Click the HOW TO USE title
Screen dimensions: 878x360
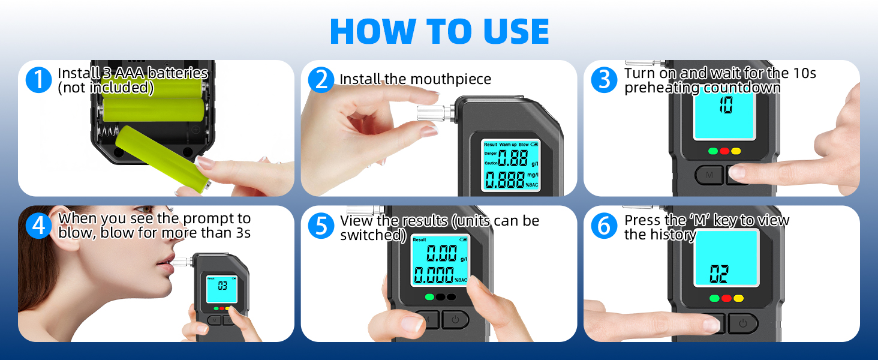(x=440, y=31)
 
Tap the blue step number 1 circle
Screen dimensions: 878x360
(x=38, y=80)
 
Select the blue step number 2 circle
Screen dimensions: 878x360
(x=321, y=80)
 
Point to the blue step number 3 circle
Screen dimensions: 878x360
(x=604, y=80)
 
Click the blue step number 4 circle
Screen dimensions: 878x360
(x=38, y=226)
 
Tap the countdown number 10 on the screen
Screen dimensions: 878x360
(x=726, y=105)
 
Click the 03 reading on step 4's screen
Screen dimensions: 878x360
(x=222, y=286)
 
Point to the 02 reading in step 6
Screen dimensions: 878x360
(x=719, y=274)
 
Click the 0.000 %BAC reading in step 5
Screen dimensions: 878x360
(x=440, y=275)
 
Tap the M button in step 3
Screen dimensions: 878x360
(x=709, y=175)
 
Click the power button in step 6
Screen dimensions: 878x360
(x=743, y=323)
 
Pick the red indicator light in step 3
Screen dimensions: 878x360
(x=724, y=151)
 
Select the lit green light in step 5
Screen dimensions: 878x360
(x=429, y=297)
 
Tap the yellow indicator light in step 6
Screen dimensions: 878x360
(x=738, y=298)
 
